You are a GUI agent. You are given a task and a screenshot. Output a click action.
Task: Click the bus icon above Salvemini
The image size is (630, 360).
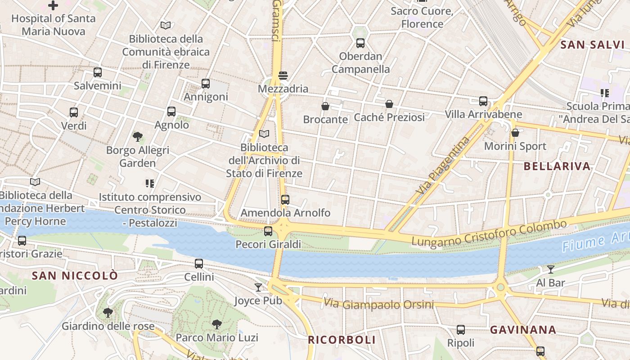pyautogui.click(x=98, y=72)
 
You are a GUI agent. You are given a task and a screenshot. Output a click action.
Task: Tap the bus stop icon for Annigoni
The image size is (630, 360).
pyautogui.click(x=206, y=83)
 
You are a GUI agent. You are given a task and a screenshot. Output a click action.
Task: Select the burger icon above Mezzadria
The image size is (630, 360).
pyautogui.click(x=283, y=75)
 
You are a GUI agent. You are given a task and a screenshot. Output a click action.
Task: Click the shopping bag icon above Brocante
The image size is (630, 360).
pyautogui.click(x=325, y=106)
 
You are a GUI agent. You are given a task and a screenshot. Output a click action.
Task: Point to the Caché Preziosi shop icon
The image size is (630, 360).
pyautogui.click(x=389, y=104)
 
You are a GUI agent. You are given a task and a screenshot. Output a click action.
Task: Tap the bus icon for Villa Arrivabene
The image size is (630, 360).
pyautogui.click(x=483, y=101)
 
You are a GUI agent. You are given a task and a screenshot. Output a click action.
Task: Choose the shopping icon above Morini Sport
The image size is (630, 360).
pyautogui.click(x=515, y=133)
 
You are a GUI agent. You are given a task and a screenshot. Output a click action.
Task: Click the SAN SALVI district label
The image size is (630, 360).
pyautogui.click(x=593, y=45)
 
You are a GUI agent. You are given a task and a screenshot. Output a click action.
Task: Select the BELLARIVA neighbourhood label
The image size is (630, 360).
pyautogui.click(x=557, y=166)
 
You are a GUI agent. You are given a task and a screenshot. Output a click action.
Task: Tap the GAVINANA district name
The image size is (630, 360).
pyautogui.click(x=523, y=330)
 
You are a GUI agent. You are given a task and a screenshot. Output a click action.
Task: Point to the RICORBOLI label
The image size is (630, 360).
pyautogui.click(x=342, y=340)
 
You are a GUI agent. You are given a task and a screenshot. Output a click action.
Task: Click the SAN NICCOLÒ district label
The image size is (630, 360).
pyautogui.click(x=75, y=275)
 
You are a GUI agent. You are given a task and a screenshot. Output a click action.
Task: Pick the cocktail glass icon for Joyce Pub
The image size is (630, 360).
pyautogui.click(x=258, y=287)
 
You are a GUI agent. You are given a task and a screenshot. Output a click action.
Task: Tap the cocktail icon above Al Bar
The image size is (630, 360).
pyautogui.click(x=551, y=270)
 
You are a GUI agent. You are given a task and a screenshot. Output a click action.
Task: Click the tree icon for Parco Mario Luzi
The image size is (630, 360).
pyautogui.click(x=217, y=324)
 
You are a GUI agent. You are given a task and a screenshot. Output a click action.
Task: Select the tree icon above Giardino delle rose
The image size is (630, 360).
pyautogui.click(x=108, y=312)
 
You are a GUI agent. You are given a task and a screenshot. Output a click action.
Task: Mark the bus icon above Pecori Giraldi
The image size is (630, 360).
pyautogui.click(x=268, y=231)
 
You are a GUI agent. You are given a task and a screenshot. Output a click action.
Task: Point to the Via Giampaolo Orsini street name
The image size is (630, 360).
pyautogui.click(x=378, y=304)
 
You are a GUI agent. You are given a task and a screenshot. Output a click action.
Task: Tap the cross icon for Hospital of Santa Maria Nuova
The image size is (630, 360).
pyautogui.click(x=53, y=5)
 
